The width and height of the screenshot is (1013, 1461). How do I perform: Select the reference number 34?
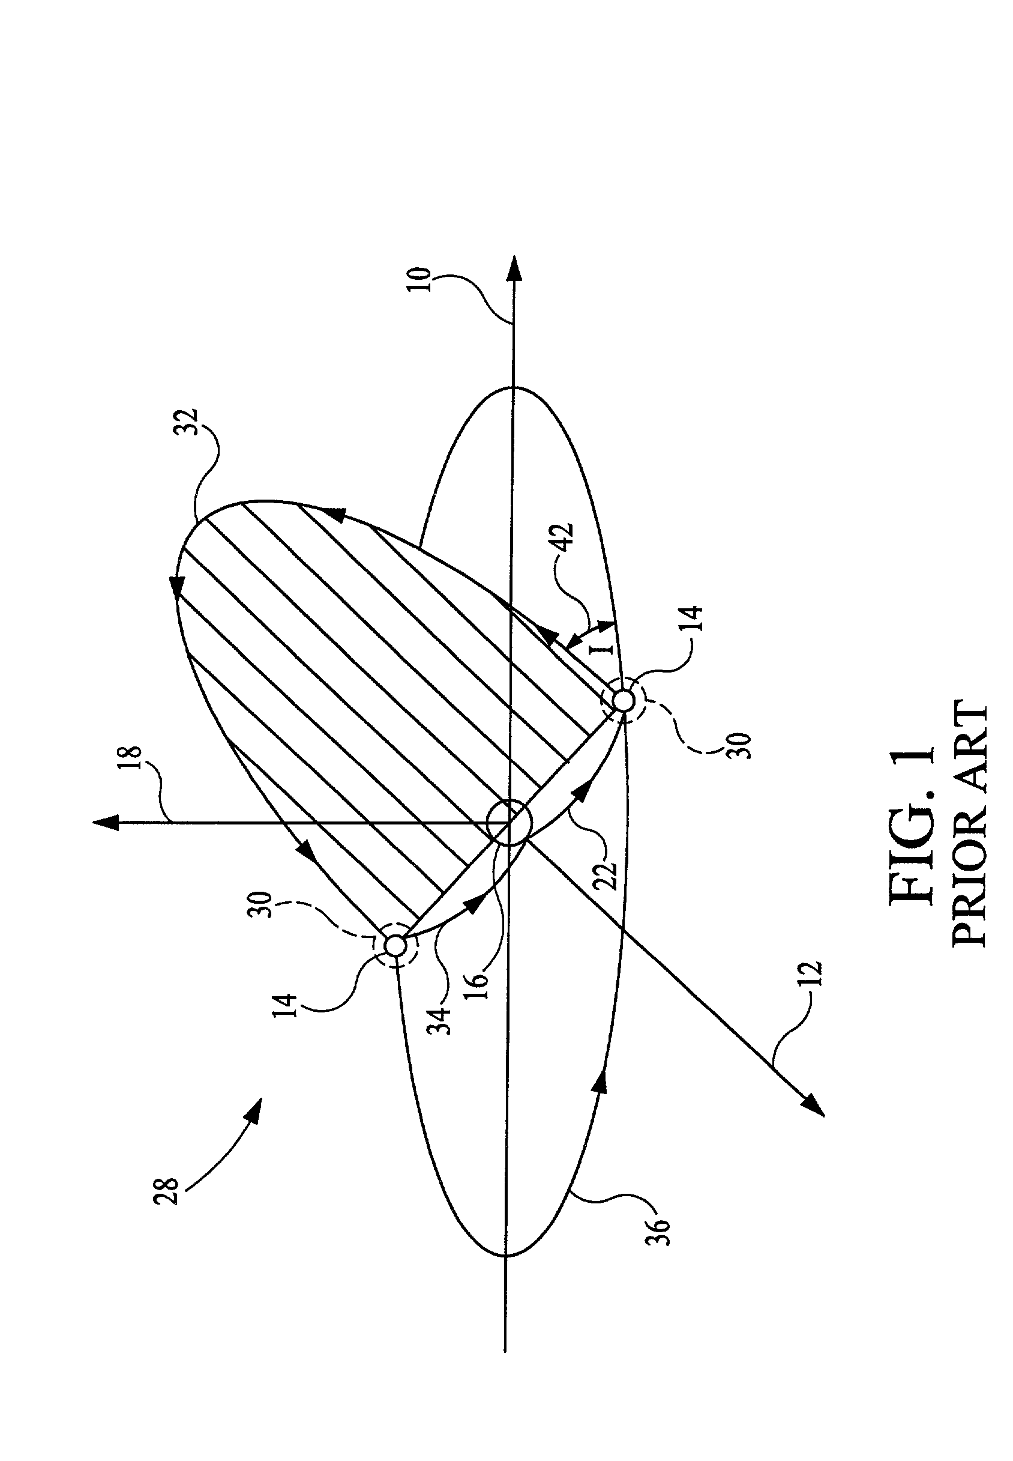(445, 1017)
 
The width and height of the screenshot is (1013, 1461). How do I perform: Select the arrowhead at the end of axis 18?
(105, 823)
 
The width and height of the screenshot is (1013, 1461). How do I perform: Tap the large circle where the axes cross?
(509, 823)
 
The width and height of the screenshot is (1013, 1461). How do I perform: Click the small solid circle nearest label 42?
(624, 701)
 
